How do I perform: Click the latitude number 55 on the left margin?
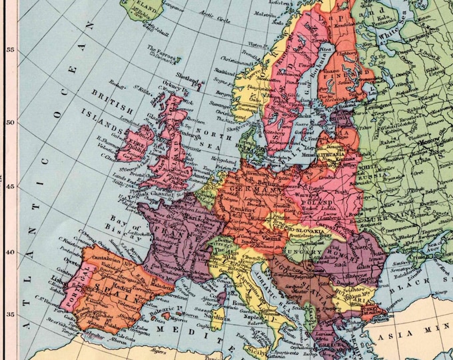pos(9,49)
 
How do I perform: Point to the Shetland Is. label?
pos(189,76)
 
